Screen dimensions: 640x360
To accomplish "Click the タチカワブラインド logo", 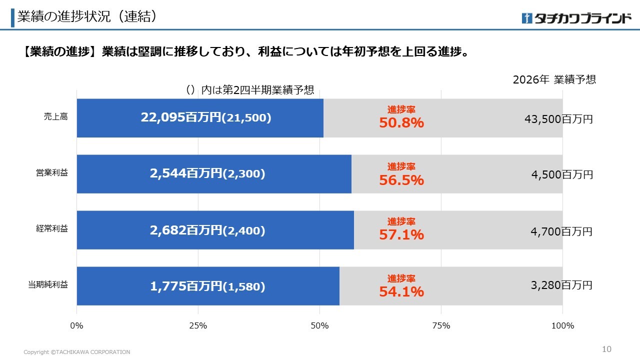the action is pos(576,18).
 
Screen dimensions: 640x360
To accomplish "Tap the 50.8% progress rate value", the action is pos(401,123).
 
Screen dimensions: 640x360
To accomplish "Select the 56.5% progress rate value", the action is pos(401,180).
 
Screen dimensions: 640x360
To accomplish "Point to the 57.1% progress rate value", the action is pos(401,235).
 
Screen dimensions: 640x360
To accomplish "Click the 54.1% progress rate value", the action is pos(401,291).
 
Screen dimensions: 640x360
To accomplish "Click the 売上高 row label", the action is pos(55,117).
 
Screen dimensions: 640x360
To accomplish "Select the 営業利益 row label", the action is pos(52,173).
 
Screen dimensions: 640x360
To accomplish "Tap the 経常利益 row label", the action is pos(52,228).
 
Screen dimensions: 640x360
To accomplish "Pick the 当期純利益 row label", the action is pos(48,284).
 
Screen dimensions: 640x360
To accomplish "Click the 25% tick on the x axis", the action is pos(198,325).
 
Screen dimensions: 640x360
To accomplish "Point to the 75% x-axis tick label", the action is pos(441,325).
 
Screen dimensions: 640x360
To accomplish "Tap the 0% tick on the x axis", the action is pos(76,325).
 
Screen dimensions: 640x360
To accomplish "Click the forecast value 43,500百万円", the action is pos(558,119).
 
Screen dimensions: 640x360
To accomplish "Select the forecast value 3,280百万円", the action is pos(561,285).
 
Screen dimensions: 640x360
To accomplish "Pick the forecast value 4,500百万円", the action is pos(562,174).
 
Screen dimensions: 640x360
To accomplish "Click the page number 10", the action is pos(606,349).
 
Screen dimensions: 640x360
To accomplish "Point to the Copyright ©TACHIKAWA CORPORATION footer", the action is pos(77,352).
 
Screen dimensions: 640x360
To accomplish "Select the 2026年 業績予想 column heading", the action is pos(554,79).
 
